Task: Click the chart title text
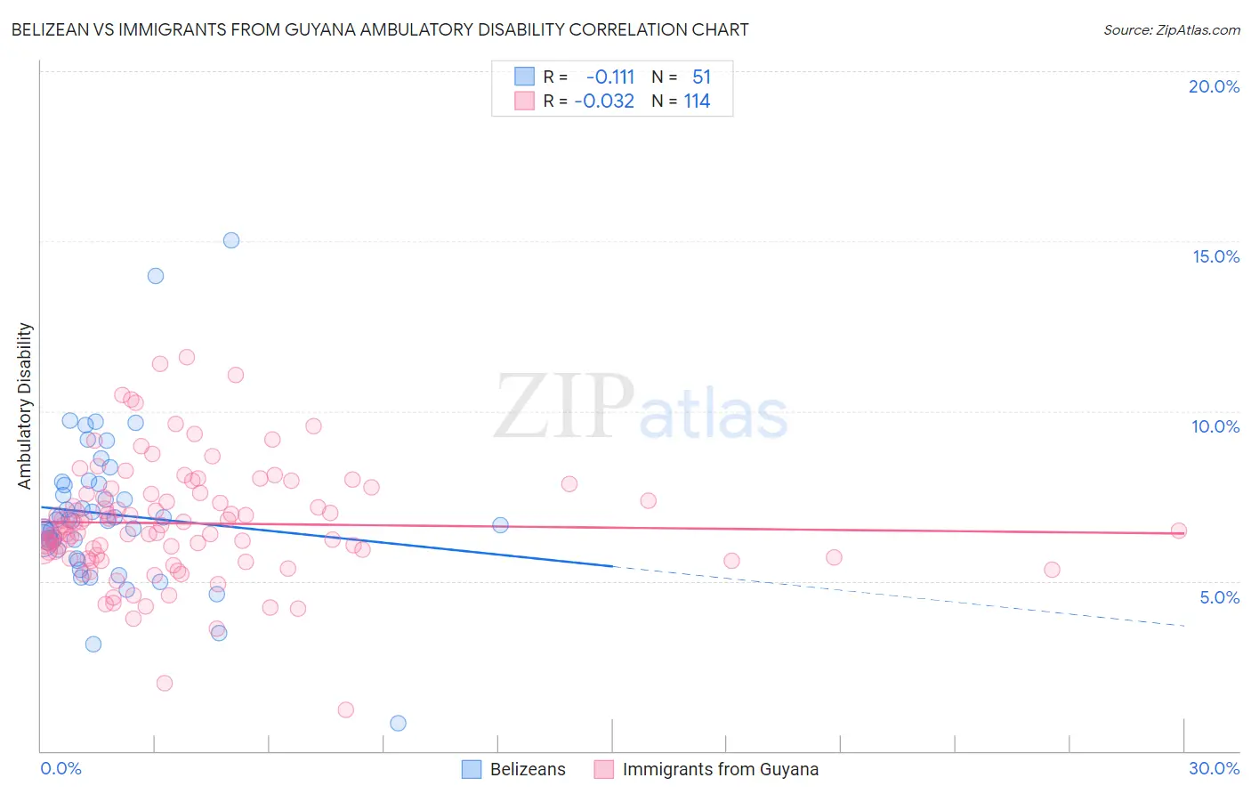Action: pyautogui.click(x=380, y=29)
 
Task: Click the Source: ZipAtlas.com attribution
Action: pyautogui.click(x=1171, y=29)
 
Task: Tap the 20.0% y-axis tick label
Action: pyautogui.click(x=1214, y=86)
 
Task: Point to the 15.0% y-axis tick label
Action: pyautogui.click(x=1215, y=256)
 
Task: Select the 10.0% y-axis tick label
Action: pyautogui.click(x=1215, y=426)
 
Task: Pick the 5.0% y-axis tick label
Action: pyautogui.click(x=1219, y=597)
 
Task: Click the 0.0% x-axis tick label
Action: pyautogui.click(x=61, y=768)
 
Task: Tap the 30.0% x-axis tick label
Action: pyautogui.click(x=1214, y=768)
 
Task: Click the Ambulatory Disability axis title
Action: pyautogui.click(x=25, y=406)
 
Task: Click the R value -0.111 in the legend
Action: pyautogui.click(x=610, y=77)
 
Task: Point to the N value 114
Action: pyautogui.click(x=697, y=101)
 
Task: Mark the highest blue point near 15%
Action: pyautogui.click(x=231, y=240)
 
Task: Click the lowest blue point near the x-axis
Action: pyautogui.click(x=398, y=723)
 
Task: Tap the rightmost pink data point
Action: pyautogui.click(x=1179, y=531)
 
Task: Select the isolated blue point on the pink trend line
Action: pyautogui.click(x=500, y=525)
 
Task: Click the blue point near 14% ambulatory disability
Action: pyautogui.click(x=156, y=276)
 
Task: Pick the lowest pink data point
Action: pyautogui.click(x=346, y=709)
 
